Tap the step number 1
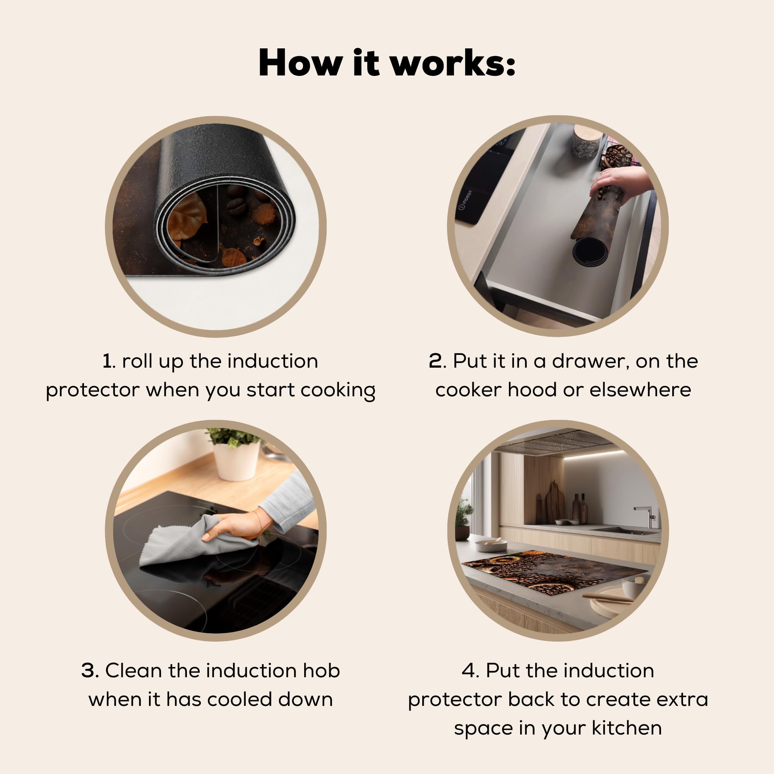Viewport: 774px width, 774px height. click(107, 361)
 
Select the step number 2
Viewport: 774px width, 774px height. click(435, 361)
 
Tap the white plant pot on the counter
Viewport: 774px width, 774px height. click(236, 460)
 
